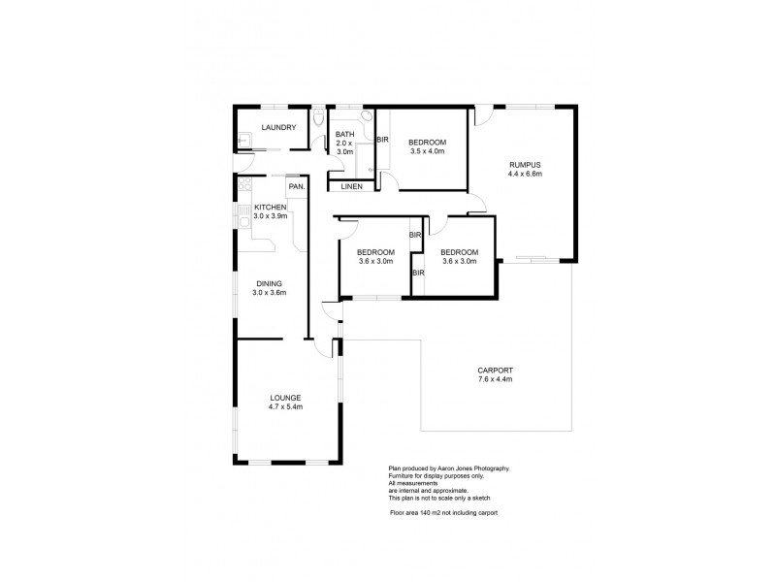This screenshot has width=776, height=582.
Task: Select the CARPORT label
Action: [495, 370]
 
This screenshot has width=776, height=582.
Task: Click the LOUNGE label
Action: [285, 398]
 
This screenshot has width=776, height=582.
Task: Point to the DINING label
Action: [269, 283]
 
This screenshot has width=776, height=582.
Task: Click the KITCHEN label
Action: [270, 208]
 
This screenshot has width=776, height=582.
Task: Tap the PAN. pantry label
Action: [296, 185]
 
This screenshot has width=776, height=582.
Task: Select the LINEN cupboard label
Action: [351, 185]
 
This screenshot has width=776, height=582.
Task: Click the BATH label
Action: [345, 134]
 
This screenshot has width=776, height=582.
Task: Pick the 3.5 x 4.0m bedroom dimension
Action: [427, 151]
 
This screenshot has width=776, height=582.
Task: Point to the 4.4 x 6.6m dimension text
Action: [524, 175]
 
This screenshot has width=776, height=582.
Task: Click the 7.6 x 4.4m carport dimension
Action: [495, 379]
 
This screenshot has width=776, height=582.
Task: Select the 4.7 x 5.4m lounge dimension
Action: [285, 407]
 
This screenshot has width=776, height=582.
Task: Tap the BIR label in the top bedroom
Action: [382, 142]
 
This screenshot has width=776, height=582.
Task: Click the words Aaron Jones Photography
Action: [469, 469]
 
